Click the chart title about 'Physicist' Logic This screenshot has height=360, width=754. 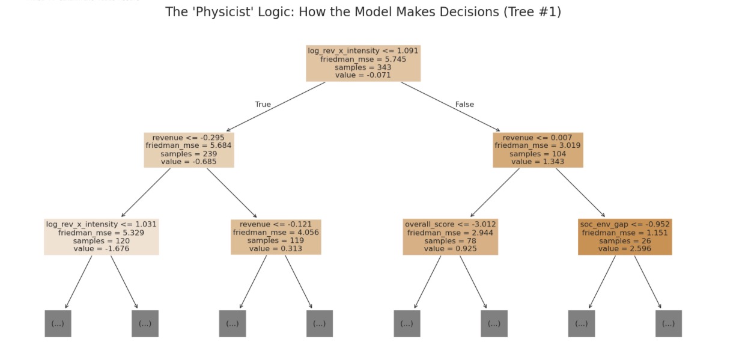coord(363,12)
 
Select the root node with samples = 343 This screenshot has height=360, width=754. coord(363,63)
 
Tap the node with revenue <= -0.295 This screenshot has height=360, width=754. coord(189,150)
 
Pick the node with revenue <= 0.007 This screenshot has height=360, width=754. coord(538,150)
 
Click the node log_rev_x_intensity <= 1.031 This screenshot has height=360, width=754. coord(102,237)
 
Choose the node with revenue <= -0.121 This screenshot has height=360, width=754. coord(276,237)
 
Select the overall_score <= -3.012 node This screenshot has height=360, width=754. coord(451,237)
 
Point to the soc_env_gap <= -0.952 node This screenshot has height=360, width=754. coord(625,237)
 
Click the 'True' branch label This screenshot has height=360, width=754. coord(263,105)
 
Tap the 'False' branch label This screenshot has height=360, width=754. coord(464,105)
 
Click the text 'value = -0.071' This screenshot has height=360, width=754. coord(363,75)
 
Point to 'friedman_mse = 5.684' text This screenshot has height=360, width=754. coord(189,146)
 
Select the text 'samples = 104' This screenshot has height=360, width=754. coord(538,154)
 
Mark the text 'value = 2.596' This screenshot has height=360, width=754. coord(625,249)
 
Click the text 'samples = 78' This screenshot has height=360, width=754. coord(451,241)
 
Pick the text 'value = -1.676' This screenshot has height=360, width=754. coord(102,249)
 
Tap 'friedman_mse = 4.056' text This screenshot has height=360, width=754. coord(276,233)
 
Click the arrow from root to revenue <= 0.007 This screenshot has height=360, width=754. coord(451,106)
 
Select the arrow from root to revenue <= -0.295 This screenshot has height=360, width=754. coord(276,106)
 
